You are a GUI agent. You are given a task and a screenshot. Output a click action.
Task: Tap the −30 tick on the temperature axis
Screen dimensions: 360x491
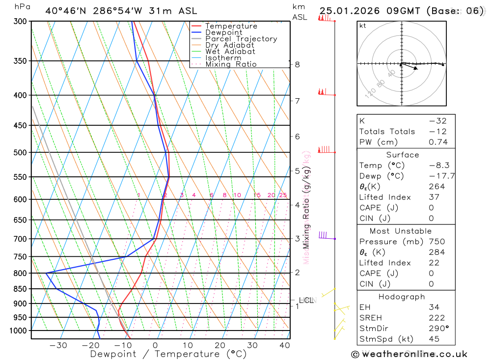(x=58, y=345)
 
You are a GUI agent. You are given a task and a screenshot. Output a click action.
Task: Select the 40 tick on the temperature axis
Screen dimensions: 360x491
(x=285, y=345)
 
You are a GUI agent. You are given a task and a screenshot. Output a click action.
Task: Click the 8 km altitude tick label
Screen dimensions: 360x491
(x=297, y=64)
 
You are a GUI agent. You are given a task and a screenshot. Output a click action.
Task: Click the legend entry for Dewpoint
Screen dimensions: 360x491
(x=223, y=32)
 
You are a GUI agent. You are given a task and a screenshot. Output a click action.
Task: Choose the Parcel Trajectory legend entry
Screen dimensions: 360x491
(x=241, y=39)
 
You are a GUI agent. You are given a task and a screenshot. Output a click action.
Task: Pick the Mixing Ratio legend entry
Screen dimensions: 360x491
(x=231, y=64)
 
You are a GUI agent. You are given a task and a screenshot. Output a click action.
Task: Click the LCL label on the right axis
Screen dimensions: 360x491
(x=306, y=300)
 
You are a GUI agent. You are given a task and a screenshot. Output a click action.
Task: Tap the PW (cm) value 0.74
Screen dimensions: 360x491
(x=438, y=142)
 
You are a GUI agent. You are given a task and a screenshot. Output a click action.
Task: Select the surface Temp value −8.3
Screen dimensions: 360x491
(x=438, y=166)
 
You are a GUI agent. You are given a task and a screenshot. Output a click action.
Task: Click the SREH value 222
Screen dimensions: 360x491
(x=437, y=318)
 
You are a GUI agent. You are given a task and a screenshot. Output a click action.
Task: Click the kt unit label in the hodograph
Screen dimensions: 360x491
(x=363, y=26)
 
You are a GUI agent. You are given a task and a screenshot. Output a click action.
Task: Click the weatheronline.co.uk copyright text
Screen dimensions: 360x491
(x=409, y=354)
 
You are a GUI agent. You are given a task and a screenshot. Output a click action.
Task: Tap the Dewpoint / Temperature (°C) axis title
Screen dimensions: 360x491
(x=168, y=354)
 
